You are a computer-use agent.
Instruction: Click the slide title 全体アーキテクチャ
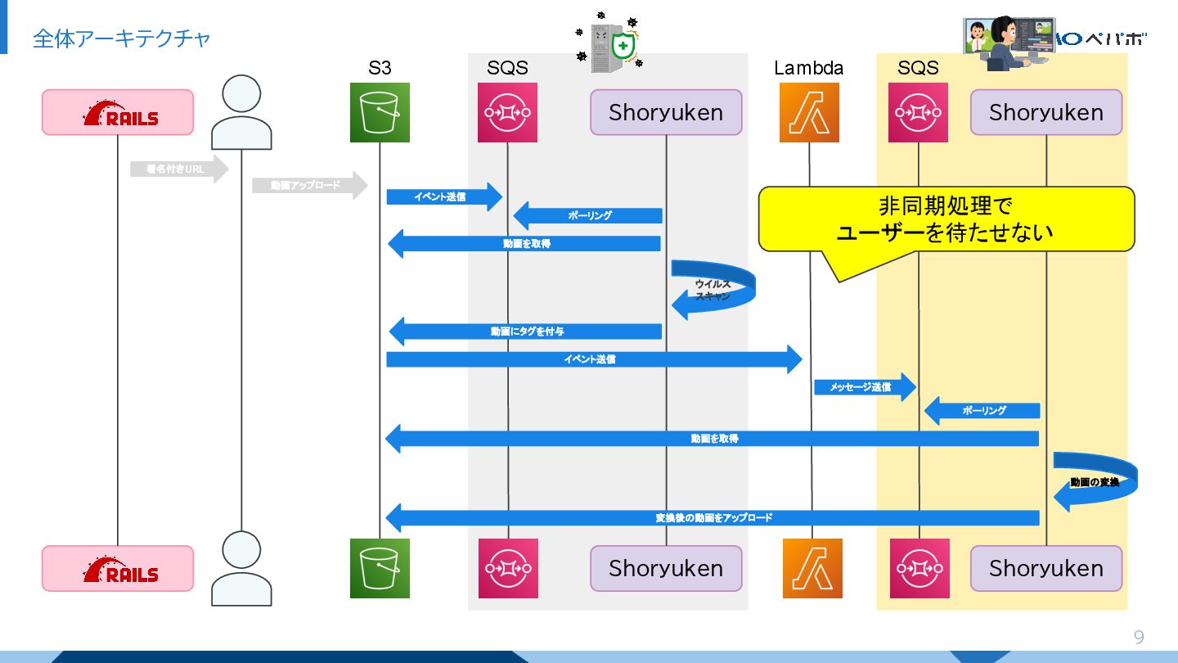[121, 38]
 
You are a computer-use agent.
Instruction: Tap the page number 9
[1139, 638]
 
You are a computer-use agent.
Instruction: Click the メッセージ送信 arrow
[864, 387]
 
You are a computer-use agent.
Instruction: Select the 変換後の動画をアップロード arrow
[712, 518]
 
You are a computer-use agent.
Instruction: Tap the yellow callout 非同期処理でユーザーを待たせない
[946, 219]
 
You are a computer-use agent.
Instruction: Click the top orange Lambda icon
[809, 113]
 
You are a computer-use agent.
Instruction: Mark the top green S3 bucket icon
[380, 113]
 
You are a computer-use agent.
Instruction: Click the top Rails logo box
[118, 112]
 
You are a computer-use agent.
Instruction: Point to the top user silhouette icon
[241, 112]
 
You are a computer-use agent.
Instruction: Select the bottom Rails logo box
[118, 568]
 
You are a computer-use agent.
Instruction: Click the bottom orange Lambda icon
[812, 568]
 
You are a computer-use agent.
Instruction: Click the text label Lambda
[808, 68]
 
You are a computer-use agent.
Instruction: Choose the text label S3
[380, 68]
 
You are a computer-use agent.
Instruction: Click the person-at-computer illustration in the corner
[1009, 43]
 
